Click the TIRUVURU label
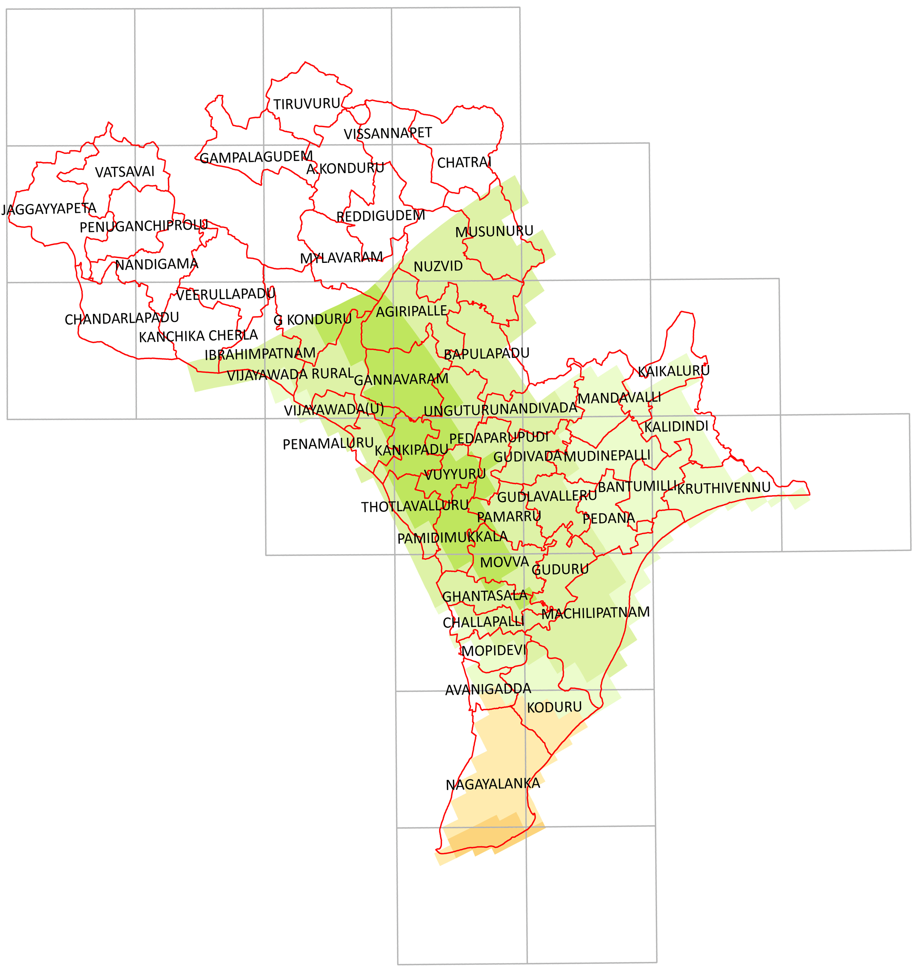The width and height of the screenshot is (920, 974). tap(306, 104)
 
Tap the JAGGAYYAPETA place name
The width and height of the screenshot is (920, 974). tap(49, 209)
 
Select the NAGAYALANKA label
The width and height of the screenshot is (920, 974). tap(493, 784)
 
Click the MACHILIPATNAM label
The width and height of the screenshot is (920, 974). tap(595, 613)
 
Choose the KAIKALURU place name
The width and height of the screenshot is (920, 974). tap(674, 371)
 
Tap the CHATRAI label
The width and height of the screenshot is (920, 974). tap(464, 162)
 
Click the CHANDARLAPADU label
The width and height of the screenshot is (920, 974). tap(122, 319)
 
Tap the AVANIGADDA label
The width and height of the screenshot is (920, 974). tap(488, 689)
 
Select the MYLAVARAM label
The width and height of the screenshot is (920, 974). tap(341, 258)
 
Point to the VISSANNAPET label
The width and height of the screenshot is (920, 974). tap(387, 133)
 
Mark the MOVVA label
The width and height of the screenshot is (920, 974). tap(504, 562)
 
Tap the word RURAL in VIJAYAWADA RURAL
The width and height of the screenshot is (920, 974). tap(332, 374)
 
